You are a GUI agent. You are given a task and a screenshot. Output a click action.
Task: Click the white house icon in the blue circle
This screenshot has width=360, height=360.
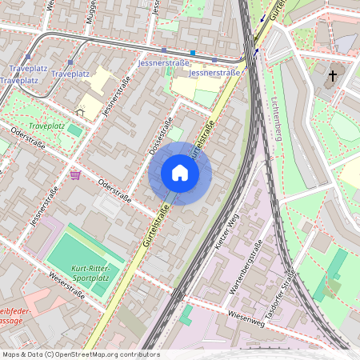180,173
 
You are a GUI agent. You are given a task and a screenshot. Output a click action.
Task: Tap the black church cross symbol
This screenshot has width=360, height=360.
332,76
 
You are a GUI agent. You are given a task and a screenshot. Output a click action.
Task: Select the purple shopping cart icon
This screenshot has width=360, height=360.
75,174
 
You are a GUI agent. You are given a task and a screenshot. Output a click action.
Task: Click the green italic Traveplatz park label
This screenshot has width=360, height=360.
46,126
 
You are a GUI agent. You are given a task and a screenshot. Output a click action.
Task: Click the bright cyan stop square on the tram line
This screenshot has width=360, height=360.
192,53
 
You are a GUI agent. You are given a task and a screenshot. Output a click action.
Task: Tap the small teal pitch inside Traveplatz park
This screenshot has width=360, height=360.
74,130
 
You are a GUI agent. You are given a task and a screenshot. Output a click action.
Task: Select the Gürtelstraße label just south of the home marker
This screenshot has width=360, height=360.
157,226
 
